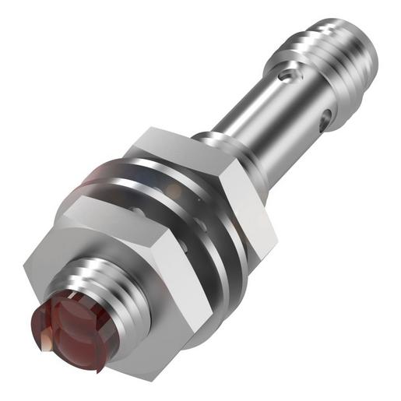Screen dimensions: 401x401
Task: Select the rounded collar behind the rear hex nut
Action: pyautogui.click(x=214, y=140)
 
